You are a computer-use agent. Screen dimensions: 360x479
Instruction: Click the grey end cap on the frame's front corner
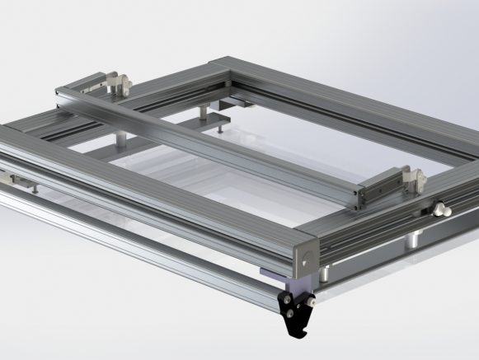pos(303,252)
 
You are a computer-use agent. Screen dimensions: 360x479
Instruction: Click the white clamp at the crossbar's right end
pos(411,176)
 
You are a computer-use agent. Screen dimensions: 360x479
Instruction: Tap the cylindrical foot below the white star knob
pos(412,241)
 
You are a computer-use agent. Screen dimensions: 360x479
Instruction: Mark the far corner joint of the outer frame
pos(231,63)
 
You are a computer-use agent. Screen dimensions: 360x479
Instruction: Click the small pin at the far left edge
pos(34,189)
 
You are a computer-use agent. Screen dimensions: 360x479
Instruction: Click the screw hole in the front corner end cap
pos(303,260)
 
